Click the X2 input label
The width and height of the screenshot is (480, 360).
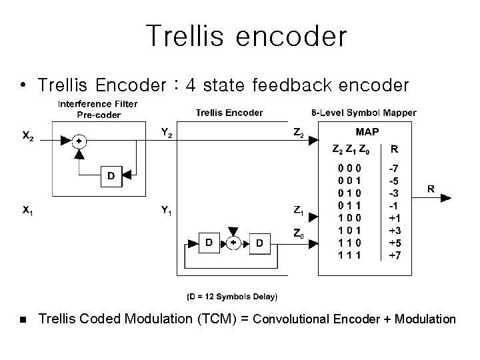pos(29,137)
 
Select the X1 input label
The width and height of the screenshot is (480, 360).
pos(28,211)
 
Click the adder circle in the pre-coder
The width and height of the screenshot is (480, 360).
pos(79,141)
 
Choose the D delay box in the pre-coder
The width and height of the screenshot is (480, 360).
pos(111,177)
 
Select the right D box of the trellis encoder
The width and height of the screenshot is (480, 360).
pos(259,243)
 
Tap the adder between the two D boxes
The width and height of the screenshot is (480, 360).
pos(234,243)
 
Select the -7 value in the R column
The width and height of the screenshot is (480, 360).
pos(395,170)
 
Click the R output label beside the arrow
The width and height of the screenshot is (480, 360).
pos(431,189)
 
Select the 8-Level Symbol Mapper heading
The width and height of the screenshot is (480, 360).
pos(364,113)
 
